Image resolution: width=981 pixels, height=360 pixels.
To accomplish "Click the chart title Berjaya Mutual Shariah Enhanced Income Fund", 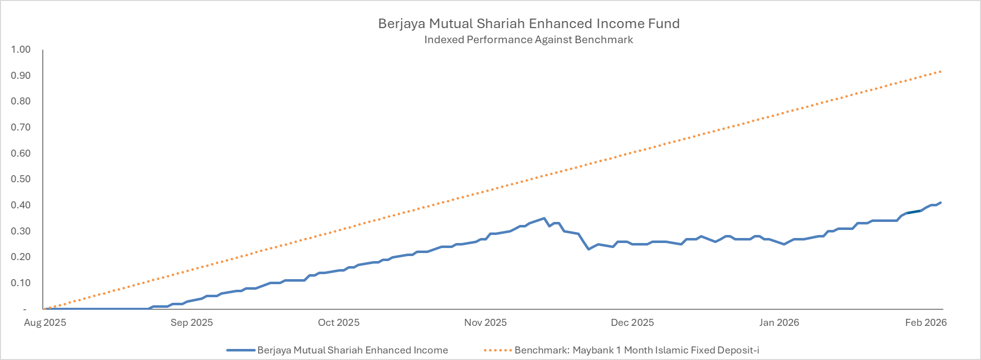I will point(528,24).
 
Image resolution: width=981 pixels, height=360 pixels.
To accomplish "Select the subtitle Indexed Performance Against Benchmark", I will point(528,40).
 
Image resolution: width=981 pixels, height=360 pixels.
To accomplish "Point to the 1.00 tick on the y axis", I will point(21,49).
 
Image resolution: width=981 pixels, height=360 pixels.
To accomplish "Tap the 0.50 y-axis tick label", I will point(21,179).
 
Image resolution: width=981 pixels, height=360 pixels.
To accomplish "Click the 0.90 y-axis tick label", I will point(21,75).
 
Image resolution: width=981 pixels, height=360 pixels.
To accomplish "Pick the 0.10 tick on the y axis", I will point(21,283).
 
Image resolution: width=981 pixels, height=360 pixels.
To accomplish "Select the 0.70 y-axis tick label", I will point(21,127).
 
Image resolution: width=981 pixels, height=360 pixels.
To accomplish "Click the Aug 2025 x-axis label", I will point(45,322).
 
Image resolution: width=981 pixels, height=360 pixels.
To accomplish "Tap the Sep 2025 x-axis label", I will point(191,322).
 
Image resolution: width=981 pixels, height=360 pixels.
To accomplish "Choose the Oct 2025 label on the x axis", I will point(339,322).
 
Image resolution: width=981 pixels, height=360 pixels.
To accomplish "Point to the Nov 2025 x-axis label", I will point(485,322).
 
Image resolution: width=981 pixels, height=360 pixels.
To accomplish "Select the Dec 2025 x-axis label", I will point(632,322).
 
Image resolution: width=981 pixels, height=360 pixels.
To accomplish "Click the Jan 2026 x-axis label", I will point(779,322).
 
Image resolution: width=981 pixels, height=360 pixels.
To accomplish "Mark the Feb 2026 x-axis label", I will point(926,322).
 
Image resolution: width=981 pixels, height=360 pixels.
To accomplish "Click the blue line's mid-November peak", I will point(544,218).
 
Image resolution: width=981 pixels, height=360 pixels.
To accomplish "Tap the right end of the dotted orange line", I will point(940,71).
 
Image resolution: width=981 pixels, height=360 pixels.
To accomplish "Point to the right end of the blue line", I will point(940,203).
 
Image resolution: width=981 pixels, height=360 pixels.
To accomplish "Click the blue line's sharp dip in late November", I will point(588,249).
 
